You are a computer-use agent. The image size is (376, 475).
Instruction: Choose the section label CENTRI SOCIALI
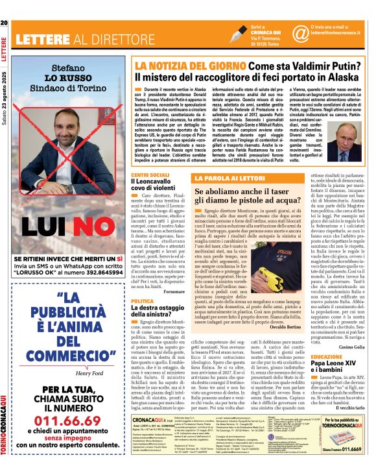coord(150,175)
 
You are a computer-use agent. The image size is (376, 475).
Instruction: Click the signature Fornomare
coord(174,292)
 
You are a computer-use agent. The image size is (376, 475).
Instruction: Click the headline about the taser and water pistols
coord(248,197)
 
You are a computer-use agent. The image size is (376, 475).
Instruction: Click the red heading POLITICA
coord(143,302)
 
